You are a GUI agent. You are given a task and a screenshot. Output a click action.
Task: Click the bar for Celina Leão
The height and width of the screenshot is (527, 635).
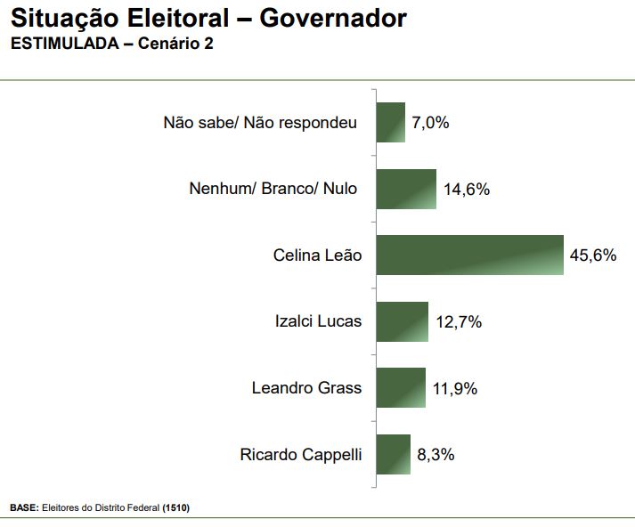(x=469, y=255)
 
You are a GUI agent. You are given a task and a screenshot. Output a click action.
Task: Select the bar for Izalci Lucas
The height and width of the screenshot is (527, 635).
(x=402, y=321)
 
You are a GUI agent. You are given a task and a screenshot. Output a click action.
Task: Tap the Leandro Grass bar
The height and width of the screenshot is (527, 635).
(x=400, y=388)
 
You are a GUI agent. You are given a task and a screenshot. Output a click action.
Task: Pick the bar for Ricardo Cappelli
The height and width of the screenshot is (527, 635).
(x=393, y=454)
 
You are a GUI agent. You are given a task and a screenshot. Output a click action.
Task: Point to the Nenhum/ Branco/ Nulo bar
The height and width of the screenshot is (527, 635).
(x=406, y=189)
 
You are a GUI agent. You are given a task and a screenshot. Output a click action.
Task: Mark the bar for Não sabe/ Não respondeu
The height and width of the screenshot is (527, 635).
(x=390, y=123)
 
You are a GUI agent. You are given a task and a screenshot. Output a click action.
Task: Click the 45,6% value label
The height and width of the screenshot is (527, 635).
(x=593, y=255)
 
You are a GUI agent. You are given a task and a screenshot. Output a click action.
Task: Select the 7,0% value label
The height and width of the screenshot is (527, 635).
(x=430, y=123)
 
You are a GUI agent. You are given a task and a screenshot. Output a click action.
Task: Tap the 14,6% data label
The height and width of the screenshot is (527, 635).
(x=467, y=190)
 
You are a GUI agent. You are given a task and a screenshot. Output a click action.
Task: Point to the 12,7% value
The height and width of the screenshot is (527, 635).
(x=459, y=322)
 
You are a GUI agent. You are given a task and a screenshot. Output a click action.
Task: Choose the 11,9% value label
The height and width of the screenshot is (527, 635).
(x=455, y=389)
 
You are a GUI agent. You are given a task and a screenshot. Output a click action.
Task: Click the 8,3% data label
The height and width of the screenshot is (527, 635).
(x=436, y=455)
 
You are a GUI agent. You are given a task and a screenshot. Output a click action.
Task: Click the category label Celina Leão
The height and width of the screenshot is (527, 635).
(x=318, y=255)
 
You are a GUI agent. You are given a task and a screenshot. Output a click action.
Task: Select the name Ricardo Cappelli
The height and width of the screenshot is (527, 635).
(x=301, y=455)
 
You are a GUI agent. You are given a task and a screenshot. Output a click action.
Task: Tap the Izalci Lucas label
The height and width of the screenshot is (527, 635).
(x=319, y=321)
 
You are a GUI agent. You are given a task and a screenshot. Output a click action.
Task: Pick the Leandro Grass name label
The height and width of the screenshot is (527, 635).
(x=307, y=388)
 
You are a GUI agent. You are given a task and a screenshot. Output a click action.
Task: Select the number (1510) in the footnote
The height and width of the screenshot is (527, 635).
(x=175, y=507)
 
